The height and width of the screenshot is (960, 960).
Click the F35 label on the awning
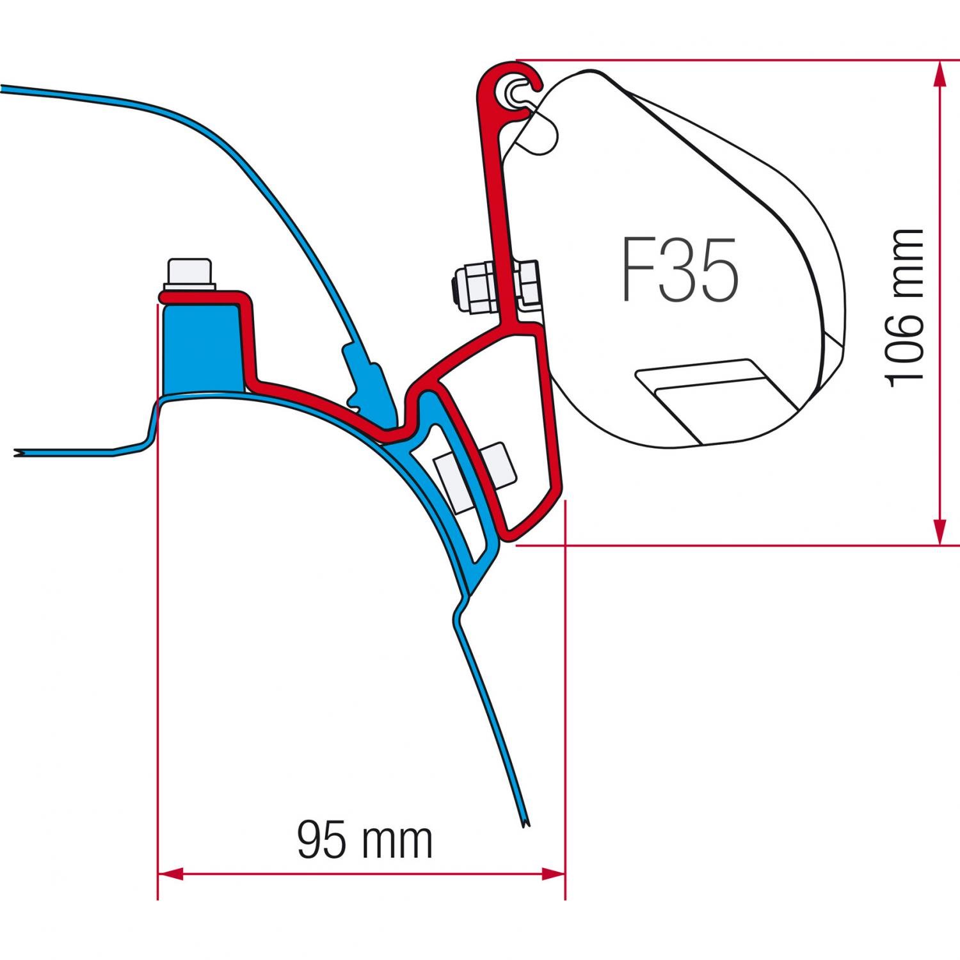pos(680,269)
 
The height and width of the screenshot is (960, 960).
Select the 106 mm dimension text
pos(904,307)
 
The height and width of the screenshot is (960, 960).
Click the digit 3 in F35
pos(680,269)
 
